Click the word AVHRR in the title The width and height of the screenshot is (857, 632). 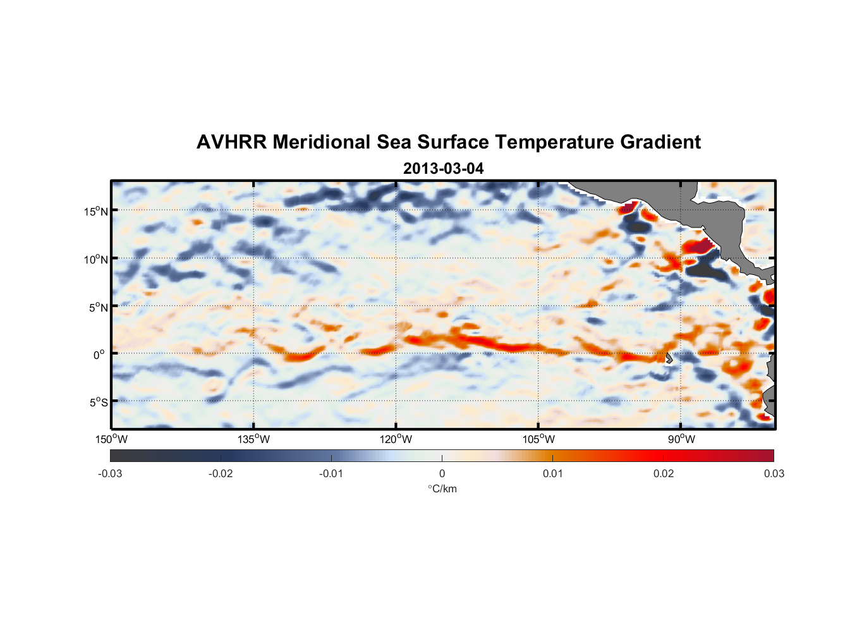(231, 142)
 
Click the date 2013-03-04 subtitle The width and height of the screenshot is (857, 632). (443, 169)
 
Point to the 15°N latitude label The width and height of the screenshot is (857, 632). (96, 211)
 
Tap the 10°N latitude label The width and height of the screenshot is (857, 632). (96, 259)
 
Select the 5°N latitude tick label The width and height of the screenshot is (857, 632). (99, 307)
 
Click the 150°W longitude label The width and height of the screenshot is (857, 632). (111, 439)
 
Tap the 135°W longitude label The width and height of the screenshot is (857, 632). (253, 439)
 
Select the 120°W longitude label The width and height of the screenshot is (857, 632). (396, 439)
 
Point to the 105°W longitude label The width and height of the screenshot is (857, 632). (538, 439)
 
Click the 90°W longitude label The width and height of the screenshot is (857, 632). (681, 439)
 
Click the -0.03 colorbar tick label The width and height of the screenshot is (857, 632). (110, 473)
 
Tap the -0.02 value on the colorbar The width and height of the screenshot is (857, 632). (221, 473)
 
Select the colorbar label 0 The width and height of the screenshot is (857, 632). (442, 473)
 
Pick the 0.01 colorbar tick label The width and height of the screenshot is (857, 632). (552, 473)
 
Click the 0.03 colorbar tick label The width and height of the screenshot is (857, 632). (774, 473)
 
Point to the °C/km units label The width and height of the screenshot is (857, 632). (442, 489)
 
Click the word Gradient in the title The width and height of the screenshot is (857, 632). (660, 142)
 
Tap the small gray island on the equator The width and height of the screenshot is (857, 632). (669, 358)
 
